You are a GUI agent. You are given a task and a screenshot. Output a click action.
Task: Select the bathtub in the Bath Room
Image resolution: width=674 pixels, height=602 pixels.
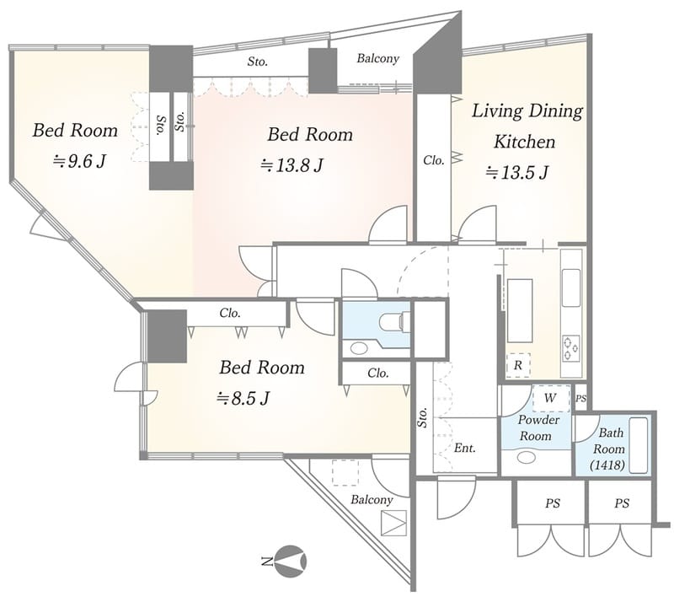639,445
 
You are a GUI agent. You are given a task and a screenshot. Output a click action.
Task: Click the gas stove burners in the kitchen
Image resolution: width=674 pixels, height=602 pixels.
571,347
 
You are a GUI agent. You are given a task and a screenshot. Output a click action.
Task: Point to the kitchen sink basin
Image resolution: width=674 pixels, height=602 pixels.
571,288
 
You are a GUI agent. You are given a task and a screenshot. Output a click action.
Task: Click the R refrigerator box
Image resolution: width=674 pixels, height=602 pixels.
518,366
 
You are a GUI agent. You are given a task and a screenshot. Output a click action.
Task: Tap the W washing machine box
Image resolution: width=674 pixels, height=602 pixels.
551,399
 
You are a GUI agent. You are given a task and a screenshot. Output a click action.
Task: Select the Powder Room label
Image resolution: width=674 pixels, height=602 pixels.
538,427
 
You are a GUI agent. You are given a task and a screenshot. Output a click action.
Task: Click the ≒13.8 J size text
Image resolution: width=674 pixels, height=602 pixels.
292,164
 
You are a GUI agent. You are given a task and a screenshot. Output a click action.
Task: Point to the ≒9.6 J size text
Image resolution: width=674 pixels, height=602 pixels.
79,161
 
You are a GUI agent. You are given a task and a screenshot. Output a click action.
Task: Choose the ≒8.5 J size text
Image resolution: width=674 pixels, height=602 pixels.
243,399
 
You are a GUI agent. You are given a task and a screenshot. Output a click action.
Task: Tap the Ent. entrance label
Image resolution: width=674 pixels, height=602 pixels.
465,448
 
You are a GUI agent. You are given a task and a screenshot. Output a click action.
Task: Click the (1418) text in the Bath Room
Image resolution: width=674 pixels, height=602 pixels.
607,465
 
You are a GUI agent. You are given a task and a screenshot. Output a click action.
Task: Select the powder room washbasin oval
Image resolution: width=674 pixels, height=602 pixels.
526,457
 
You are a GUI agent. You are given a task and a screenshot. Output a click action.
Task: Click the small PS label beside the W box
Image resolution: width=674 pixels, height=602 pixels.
580,399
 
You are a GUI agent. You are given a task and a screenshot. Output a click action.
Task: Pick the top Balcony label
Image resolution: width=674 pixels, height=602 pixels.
377,58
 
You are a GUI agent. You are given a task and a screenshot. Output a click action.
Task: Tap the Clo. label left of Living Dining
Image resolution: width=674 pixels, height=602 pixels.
433,160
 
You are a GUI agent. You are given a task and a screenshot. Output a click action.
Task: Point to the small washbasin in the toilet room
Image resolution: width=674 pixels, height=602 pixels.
359,347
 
